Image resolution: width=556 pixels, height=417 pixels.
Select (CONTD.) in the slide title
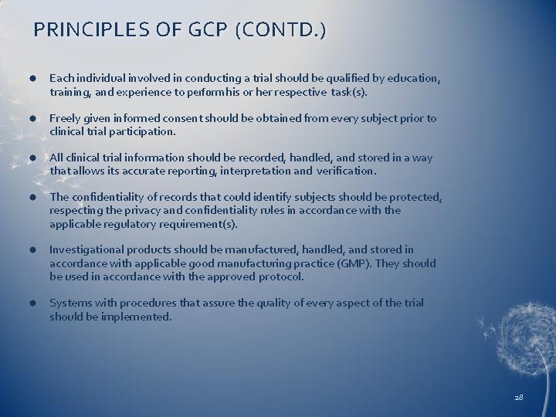[x=282, y=30]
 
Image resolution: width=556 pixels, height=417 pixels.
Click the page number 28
[x=518, y=397]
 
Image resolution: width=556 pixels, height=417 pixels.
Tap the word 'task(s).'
[x=350, y=92]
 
